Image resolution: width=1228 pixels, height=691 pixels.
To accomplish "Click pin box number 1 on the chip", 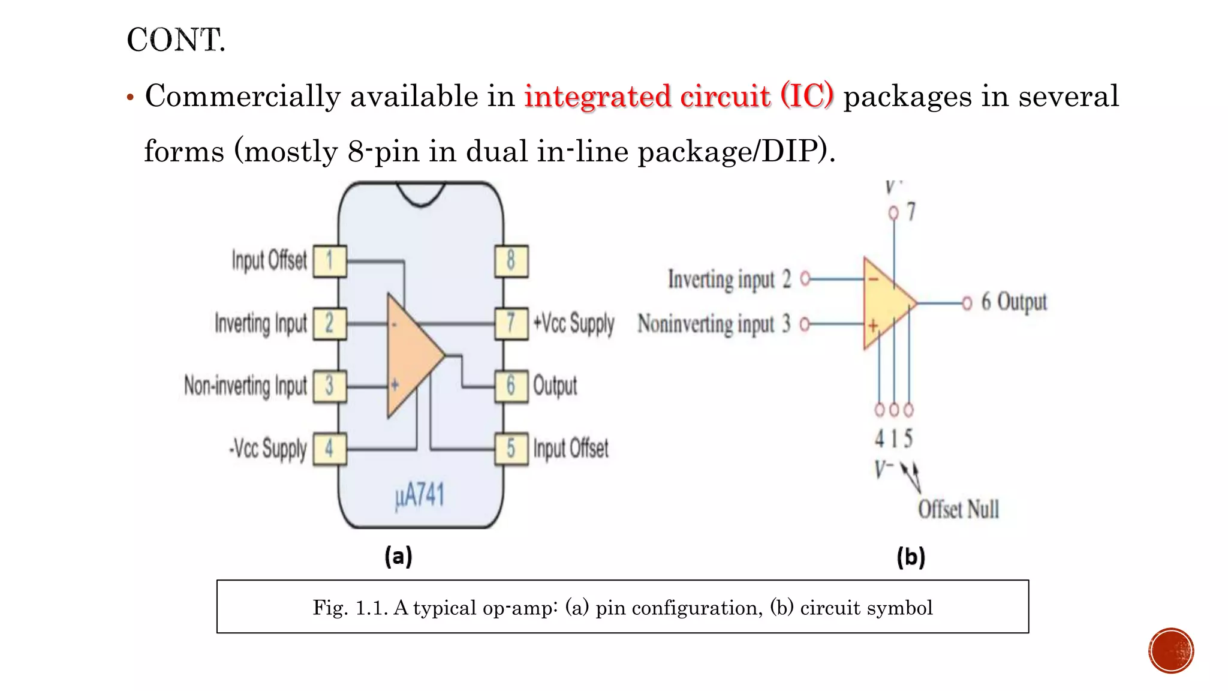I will [x=330, y=261].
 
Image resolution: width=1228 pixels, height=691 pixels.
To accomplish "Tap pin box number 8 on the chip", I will [x=511, y=261].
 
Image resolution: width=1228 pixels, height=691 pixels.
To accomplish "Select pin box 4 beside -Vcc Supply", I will [x=330, y=448].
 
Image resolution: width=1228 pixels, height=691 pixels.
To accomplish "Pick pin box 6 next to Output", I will [x=511, y=386].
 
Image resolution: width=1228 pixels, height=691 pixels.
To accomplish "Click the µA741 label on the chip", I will [x=420, y=496].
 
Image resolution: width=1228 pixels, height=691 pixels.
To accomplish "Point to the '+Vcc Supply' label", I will [x=574, y=323].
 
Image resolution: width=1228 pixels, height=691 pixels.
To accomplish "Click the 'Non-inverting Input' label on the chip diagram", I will [x=245, y=386].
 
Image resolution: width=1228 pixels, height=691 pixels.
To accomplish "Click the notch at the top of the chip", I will [x=421, y=193].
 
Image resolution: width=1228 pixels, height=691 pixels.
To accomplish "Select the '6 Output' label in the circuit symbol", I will [x=1013, y=302].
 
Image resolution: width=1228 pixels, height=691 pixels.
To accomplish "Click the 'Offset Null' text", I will [x=958, y=509].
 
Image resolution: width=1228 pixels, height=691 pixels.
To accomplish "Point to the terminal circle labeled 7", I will [x=893, y=213].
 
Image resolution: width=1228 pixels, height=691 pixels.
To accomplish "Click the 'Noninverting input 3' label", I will [x=714, y=324].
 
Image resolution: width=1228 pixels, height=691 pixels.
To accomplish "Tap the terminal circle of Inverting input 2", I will [x=805, y=278].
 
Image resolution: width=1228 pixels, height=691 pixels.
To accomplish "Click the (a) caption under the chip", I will [x=399, y=557].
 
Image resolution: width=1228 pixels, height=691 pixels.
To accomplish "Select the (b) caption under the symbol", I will [x=911, y=557].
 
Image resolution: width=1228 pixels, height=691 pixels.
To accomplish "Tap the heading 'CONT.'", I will [x=176, y=41].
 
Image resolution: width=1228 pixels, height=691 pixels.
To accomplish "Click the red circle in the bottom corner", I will [x=1171, y=650].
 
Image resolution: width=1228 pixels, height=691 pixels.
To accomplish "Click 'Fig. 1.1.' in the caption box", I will [x=349, y=608].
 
